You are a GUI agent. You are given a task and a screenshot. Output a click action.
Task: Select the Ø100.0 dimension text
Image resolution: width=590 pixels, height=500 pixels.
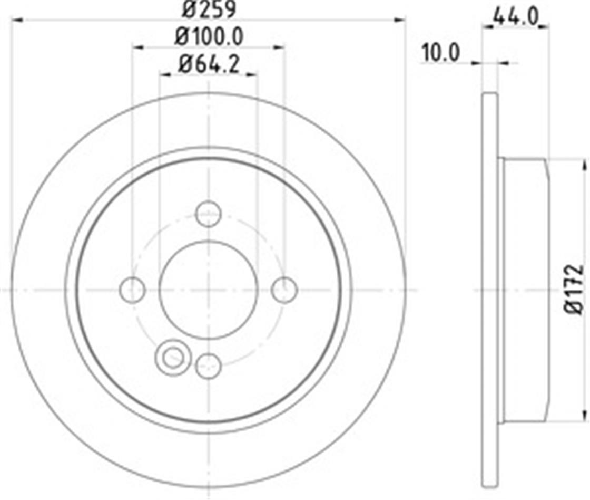pyautogui.click(x=209, y=37)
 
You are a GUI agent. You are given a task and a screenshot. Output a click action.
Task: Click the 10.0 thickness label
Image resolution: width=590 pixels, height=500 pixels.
pyautogui.click(x=440, y=52)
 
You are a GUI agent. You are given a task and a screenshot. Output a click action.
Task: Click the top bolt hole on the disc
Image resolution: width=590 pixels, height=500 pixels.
pyautogui.click(x=209, y=214)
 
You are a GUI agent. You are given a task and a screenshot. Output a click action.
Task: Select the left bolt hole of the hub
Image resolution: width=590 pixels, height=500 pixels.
pyautogui.click(x=132, y=290)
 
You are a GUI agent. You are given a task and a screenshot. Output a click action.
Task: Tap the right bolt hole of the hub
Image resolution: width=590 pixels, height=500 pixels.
pyautogui.click(x=284, y=290)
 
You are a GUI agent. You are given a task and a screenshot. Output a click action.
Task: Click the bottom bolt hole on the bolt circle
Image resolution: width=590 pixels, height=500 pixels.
pyautogui.click(x=209, y=366)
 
